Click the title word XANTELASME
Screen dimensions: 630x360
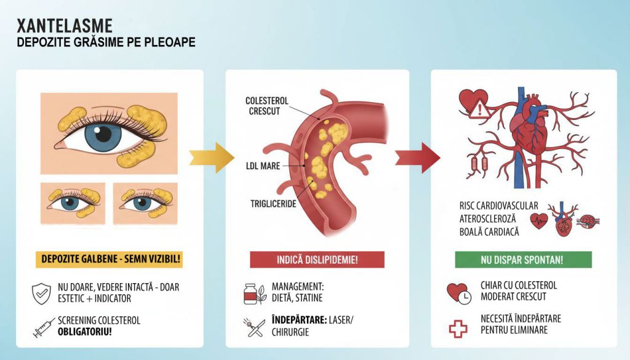(65, 26)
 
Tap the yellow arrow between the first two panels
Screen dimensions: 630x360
(212, 158)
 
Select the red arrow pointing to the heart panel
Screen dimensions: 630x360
(418, 158)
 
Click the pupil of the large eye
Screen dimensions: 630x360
(103, 134)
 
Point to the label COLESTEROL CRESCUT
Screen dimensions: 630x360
(267, 106)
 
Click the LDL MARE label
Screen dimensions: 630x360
(263, 166)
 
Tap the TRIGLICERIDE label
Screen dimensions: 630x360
(273, 204)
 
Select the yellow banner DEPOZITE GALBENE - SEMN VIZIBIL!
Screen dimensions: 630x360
(110, 259)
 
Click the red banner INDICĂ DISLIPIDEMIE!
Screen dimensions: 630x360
(317, 260)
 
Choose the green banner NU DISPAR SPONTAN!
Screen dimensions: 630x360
(523, 260)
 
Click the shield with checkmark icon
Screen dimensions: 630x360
(41, 294)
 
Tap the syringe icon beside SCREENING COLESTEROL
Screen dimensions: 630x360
(44, 327)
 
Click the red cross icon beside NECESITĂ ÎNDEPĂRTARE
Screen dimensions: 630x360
(458, 328)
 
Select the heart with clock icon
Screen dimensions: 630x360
(459, 294)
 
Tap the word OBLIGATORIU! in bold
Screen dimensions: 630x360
(85, 332)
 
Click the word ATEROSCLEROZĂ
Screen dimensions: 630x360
(487, 219)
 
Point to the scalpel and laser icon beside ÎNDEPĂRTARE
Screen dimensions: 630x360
(254, 327)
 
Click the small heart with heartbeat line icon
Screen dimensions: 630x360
(539, 220)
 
